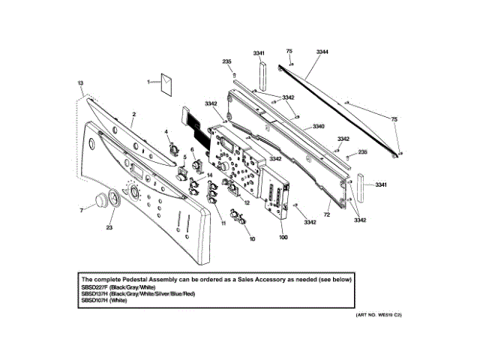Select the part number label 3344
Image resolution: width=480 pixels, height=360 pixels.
(x=322, y=52)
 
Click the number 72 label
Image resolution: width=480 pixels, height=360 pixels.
(x=327, y=215)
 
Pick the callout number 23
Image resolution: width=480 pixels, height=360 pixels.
(x=109, y=227)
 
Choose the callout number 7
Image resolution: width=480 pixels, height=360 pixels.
(x=82, y=211)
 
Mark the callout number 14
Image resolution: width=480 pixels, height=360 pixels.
(x=210, y=175)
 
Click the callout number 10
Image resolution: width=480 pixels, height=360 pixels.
(x=252, y=238)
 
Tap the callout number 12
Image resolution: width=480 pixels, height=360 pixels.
(x=246, y=203)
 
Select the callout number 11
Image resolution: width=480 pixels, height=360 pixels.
(x=223, y=223)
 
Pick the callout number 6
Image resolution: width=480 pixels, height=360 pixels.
(x=193, y=151)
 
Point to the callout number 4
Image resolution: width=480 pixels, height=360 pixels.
(x=166, y=132)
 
